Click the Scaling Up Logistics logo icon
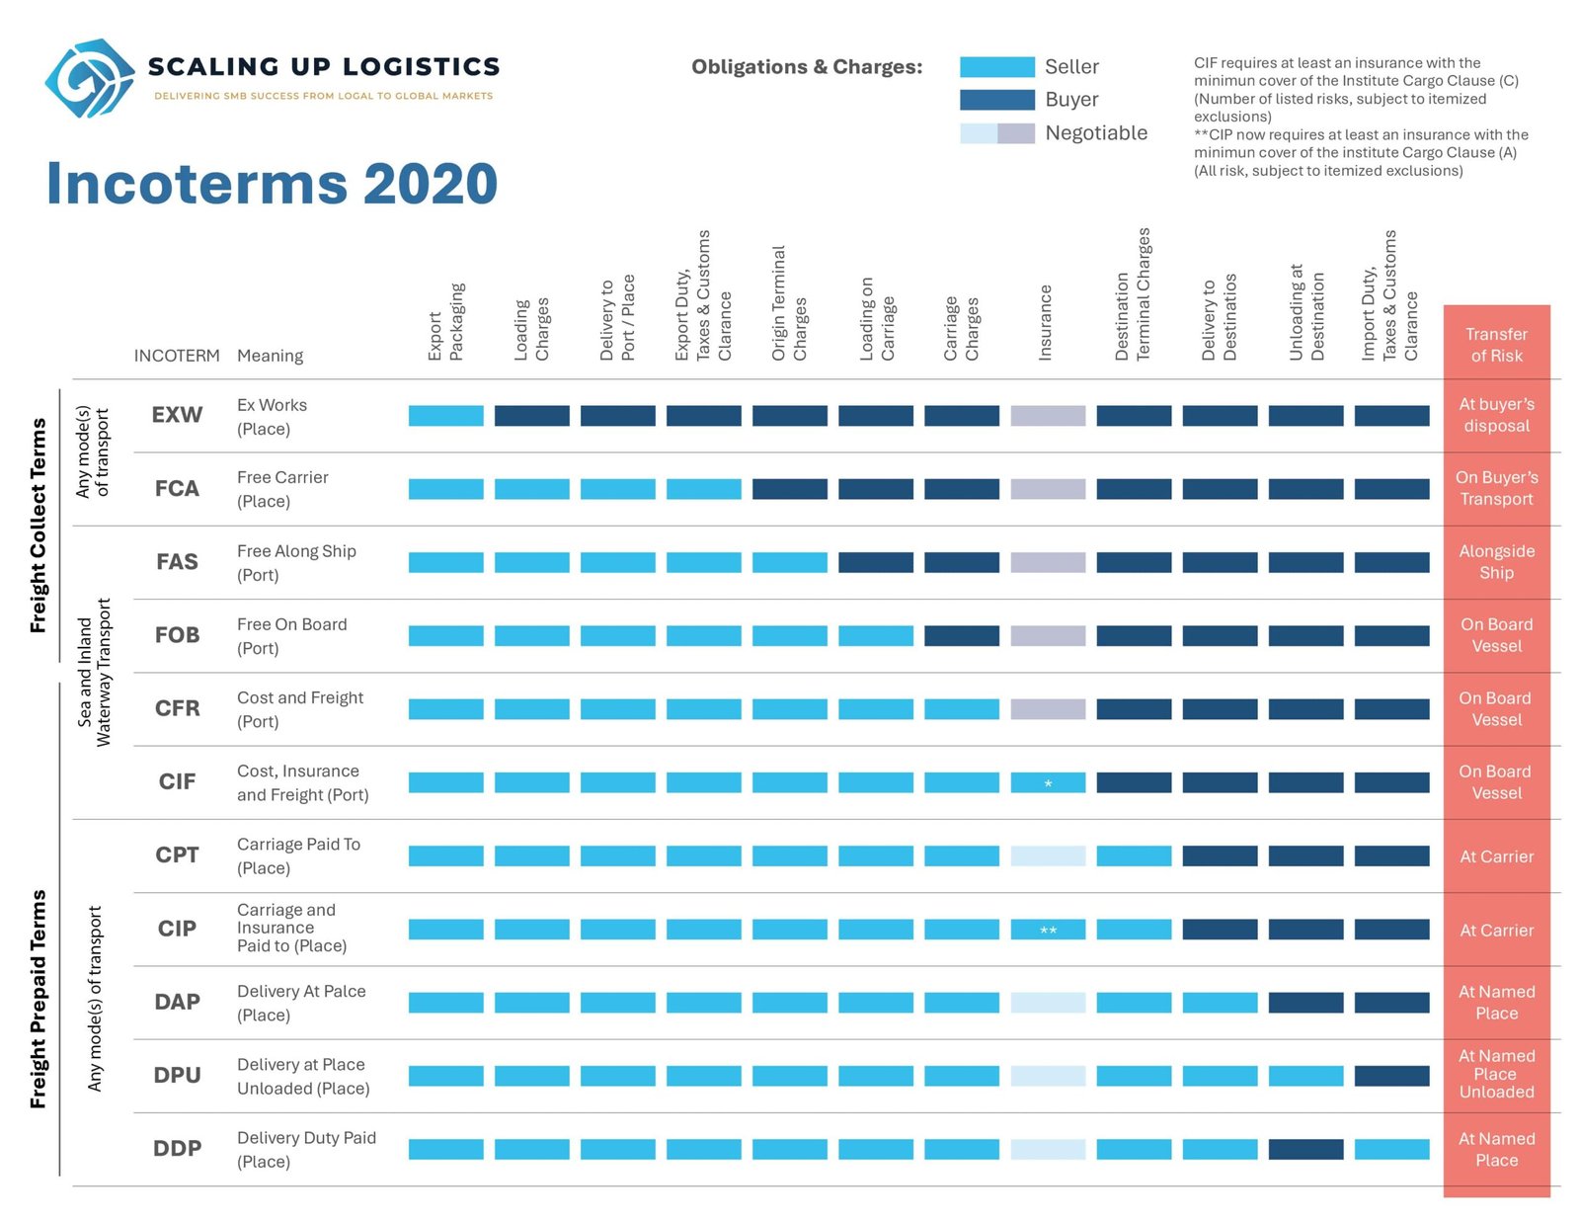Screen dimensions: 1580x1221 (x=90, y=78)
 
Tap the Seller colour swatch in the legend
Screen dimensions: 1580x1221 (x=996, y=66)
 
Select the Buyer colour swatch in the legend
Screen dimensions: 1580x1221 (x=996, y=100)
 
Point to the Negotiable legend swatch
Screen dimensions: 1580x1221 (x=996, y=133)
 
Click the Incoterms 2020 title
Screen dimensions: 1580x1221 (x=272, y=183)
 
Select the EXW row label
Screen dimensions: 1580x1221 (x=177, y=415)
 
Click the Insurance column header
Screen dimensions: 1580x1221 (x=1044, y=322)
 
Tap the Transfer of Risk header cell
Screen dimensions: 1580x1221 (x=1496, y=345)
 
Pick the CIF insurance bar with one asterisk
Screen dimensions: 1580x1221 (x=1047, y=781)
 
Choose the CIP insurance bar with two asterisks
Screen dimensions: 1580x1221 (x=1047, y=929)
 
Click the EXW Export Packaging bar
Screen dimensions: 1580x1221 (x=445, y=415)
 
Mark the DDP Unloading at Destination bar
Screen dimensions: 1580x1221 (x=1305, y=1149)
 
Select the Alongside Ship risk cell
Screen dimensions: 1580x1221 (x=1496, y=561)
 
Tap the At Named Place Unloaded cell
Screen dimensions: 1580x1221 (x=1496, y=1074)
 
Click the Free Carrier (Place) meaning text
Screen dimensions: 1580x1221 (x=282, y=489)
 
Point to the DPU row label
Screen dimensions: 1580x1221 (x=177, y=1075)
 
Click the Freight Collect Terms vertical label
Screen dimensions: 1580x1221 (x=38, y=526)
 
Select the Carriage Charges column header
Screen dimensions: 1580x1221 (x=961, y=328)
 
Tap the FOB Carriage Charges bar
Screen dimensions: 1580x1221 (x=961, y=635)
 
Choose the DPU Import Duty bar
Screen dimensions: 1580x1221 (x=1391, y=1076)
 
